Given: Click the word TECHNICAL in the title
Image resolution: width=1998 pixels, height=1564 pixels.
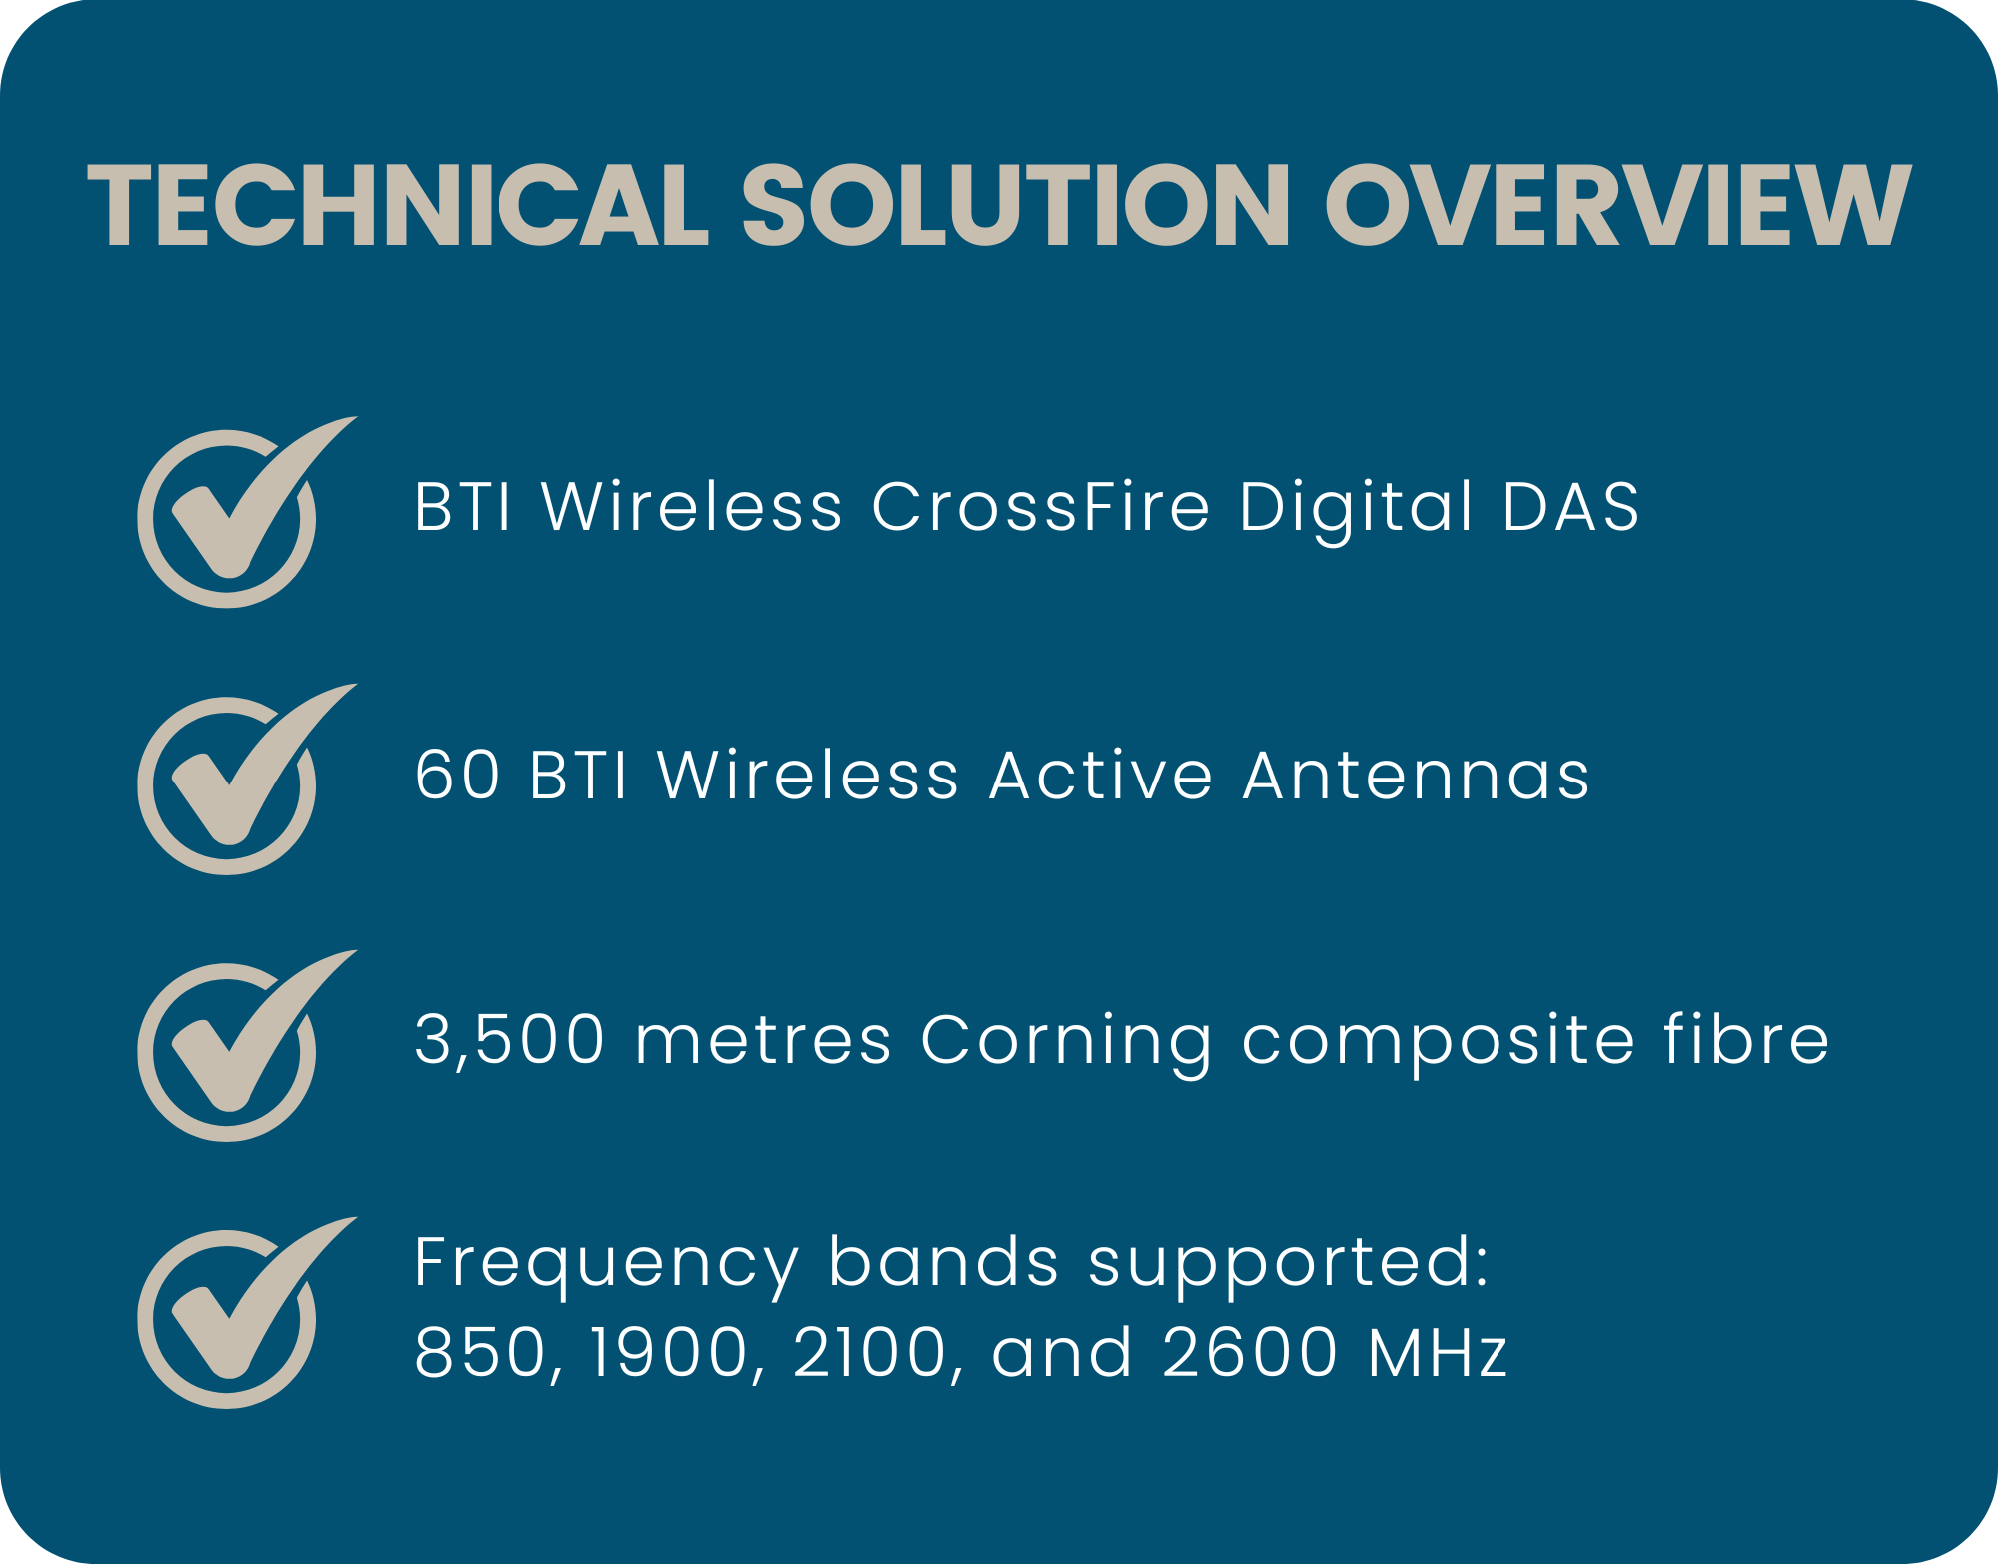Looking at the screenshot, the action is click(399, 205).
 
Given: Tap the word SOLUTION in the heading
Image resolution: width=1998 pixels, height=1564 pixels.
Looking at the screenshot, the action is click(1015, 205).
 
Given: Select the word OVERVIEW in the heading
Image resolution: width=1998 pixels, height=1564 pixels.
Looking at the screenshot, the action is click(1618, 205).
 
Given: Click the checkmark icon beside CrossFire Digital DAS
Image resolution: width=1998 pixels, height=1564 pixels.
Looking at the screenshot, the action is click(246, 511).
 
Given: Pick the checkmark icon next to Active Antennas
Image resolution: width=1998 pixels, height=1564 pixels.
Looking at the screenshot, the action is click(246, 779).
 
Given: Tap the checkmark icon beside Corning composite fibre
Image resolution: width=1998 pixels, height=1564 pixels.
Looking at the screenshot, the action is click(246, 1045).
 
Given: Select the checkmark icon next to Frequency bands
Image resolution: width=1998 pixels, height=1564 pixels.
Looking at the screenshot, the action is click(246, 1312).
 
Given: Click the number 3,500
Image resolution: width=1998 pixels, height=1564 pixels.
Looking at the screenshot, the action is click(509, 1041).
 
